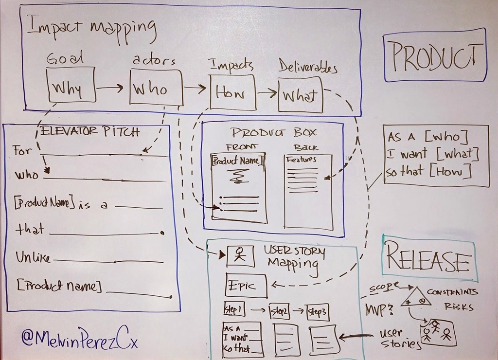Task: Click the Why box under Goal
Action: [71, 86]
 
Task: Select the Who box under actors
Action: [156, 88]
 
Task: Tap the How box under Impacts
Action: [232, 92]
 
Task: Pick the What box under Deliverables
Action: [300, 95]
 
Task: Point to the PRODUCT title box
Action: [435, 55]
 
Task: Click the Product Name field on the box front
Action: [238, 160]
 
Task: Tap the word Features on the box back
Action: [302, 160]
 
